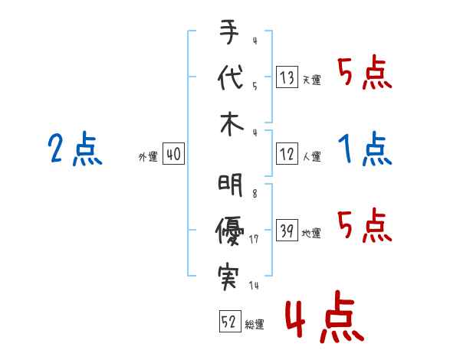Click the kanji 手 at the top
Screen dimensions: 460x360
[x=230, y=35]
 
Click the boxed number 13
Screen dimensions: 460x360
[x=287, y=77]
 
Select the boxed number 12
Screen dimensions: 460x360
[x=287, y=155]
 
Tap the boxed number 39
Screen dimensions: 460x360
[x=287, y=231]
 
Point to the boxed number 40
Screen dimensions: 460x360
[x=173, y=155]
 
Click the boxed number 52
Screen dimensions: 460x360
[x=228, y=322]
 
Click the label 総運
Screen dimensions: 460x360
[x=254, y=325]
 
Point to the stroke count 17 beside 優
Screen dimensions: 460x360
[x=253, y=240]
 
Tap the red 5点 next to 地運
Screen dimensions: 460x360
[x=364, y=225]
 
